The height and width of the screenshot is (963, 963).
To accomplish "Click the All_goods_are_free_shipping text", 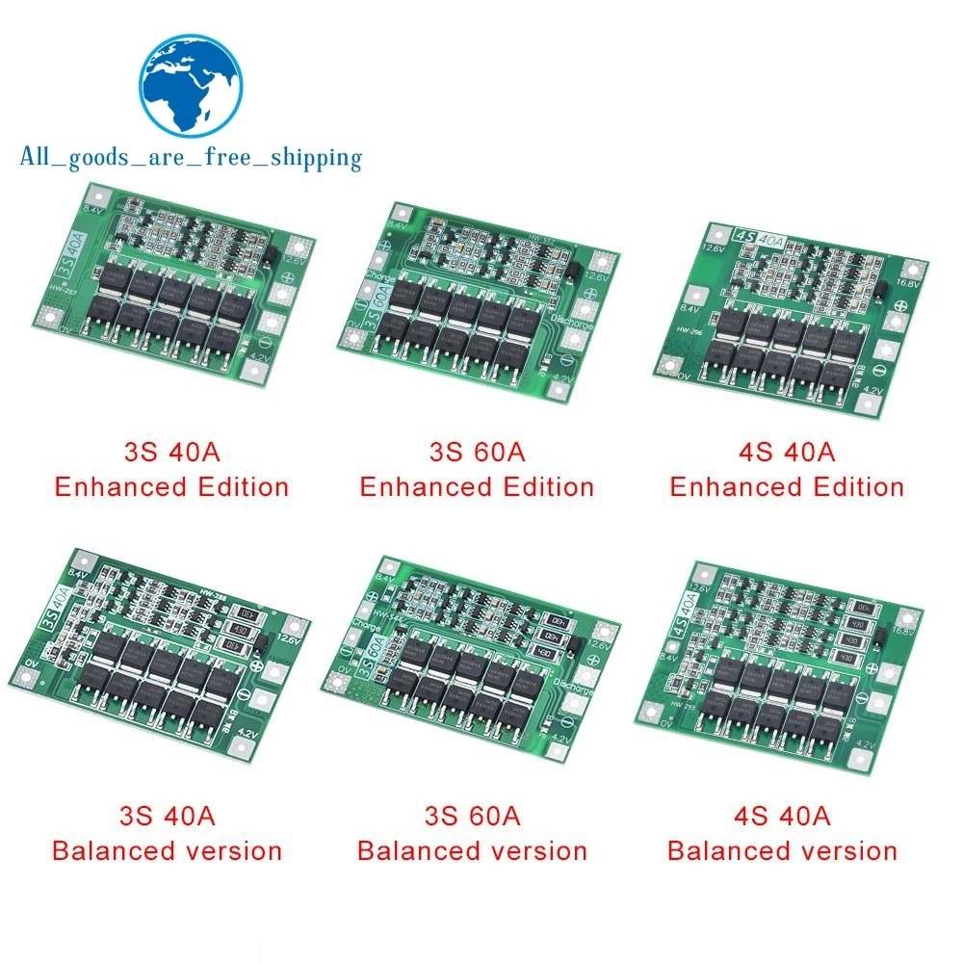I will pos(191,157).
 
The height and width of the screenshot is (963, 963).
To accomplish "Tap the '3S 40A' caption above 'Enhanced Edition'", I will pos(171,450).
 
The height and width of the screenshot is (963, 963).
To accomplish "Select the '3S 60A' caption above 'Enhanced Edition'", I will pos(477,450).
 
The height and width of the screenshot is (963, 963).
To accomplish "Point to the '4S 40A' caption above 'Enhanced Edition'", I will pos(787,450).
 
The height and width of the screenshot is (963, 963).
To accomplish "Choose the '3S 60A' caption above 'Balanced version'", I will pos(472,815).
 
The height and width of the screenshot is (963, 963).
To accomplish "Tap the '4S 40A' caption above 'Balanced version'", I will pos(782,815).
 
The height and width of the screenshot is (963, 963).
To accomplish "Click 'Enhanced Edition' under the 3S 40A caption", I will pos(171,486).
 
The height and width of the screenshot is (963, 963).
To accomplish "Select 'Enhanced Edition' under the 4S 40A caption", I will pos(787,486).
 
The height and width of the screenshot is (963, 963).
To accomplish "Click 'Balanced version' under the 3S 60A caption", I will pos(472,851).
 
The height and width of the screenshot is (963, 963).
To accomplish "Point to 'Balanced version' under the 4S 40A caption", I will pos(782,851).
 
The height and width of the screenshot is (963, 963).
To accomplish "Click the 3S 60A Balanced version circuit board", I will pos(472,669).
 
